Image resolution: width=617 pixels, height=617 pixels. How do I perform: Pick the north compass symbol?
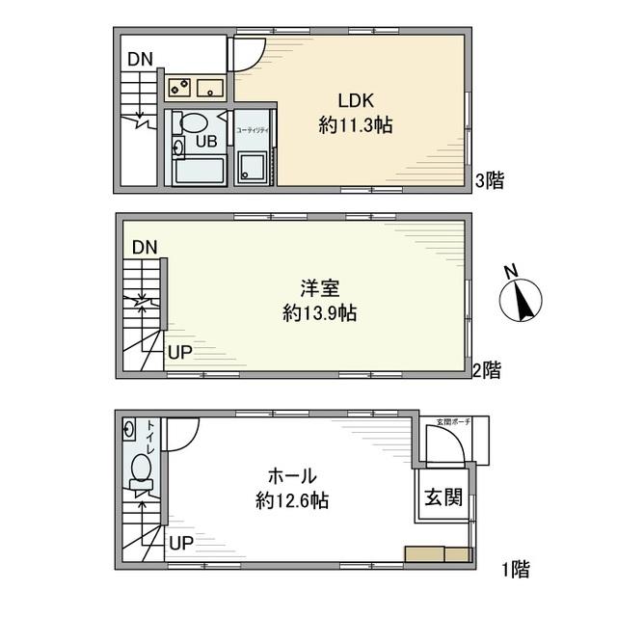pyautogui.click(x=522, y=300)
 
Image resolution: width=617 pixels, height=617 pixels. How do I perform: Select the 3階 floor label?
pyautogui.click(x=491, y=179)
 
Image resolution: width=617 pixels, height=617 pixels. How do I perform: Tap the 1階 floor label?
pyautogui.click(x=515, y=569)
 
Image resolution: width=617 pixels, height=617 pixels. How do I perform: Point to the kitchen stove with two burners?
pyautogui.click(x=179, y=89)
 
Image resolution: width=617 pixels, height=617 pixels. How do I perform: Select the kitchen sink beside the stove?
pyautogui.click(x=210, y=89)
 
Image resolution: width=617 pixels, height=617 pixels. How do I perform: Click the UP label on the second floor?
pyautogui.click(x=180, y=352)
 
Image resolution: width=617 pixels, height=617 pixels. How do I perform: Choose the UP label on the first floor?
pyautogui.click(x=180, y=543)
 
